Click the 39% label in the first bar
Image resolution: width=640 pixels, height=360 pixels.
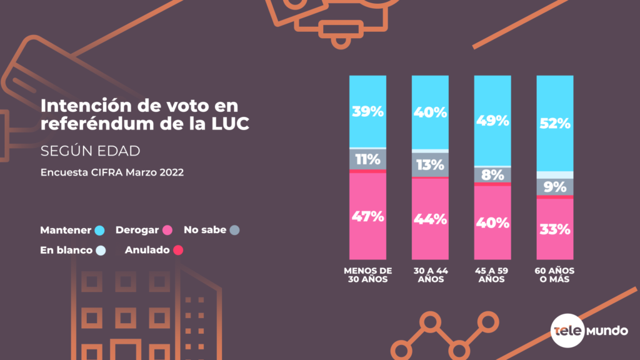(367, 111)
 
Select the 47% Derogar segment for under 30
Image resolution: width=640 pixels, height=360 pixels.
(367, 217)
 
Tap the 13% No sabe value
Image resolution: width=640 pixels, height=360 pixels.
(430, 165)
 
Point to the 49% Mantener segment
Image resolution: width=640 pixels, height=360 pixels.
(492, 121)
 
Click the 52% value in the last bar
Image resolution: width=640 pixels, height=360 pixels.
(555, 123)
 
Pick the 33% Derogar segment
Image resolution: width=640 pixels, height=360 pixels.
(555, 229)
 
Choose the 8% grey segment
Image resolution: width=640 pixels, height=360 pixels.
(492, 175)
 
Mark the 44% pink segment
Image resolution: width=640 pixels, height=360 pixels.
(430, 219)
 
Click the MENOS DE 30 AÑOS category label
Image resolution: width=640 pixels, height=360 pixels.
(367, 275)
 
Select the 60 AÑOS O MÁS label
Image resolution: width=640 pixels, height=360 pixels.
(555, 275)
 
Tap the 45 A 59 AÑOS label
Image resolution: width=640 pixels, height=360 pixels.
(492, 275)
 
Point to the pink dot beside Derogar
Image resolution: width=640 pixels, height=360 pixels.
(167, 230)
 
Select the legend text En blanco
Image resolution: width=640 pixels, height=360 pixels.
(66, 251)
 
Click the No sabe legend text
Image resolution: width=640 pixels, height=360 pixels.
(204, 230)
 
